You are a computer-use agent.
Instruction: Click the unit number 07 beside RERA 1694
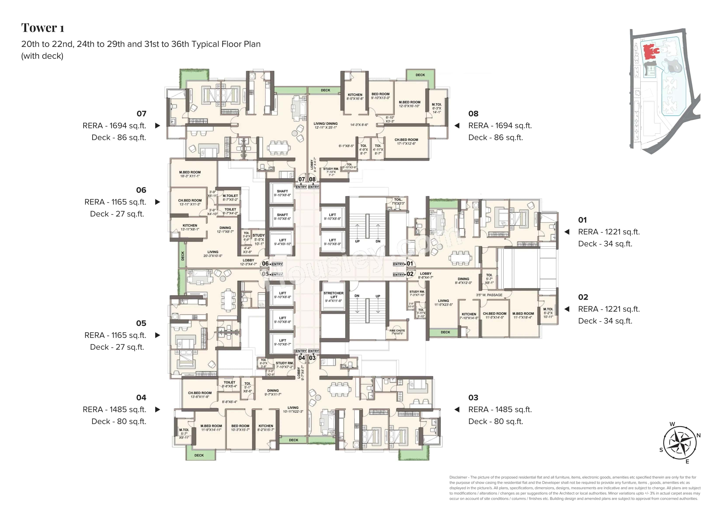pyautogui.click(x=141, y=113)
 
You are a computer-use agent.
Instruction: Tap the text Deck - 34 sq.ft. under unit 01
pyautogui.click(x=605, y=244)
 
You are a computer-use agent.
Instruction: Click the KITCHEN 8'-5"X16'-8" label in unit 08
pyautogui.click(x=355, y=96)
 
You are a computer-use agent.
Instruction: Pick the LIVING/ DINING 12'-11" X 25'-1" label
pyautogui.click(x=325, y=125)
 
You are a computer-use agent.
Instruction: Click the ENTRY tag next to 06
pyautogui.click(x=277, y=264)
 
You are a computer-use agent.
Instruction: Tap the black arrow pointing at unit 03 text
pyautogui.click(x=457, y=409)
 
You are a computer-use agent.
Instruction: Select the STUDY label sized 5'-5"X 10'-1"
pyautogui.click(x=259, y=239)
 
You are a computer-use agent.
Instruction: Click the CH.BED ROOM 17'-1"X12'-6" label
pyautogui.click(x=406, y=141)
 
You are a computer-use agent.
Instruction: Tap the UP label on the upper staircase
pyautogui.click(x=357, y=241)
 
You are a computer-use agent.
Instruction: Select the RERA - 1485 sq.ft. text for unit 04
pyautogui.click(x=114, y=409)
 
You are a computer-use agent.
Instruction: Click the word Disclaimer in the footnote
pyautogui.click(x=458, y=477)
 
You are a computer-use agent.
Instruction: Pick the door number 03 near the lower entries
pyautogui.click(x=312, y=358)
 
